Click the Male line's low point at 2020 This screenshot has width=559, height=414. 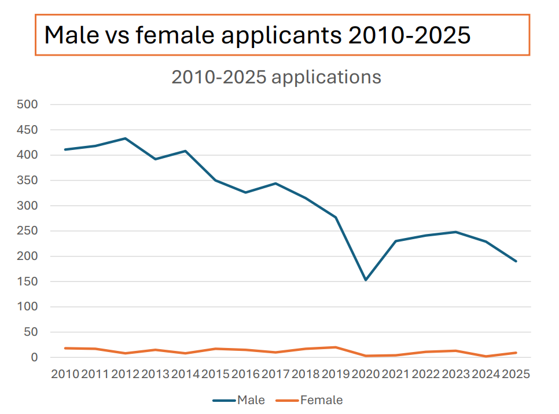pos(366,280)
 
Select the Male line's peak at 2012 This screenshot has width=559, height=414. pos(125,138)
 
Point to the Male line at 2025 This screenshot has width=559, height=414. pos(516,261)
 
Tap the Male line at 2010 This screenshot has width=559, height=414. pos(65,149)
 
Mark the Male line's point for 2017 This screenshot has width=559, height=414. pos(275,184)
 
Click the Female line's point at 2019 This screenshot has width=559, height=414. pos(336,347)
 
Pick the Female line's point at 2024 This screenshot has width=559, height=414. pos(486,356)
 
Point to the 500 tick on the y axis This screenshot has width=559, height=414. pos(27,105)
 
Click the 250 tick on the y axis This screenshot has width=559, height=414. pos(27,231)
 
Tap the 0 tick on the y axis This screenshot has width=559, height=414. pos(34,357)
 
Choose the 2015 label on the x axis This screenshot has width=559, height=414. pos(215,374)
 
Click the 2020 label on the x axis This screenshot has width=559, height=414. pos(366,374)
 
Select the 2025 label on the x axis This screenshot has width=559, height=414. pos(516,374)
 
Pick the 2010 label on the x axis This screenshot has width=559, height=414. pos(65,374)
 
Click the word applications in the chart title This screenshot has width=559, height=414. pos(326,77)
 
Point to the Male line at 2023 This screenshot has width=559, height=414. pos(456,232)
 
